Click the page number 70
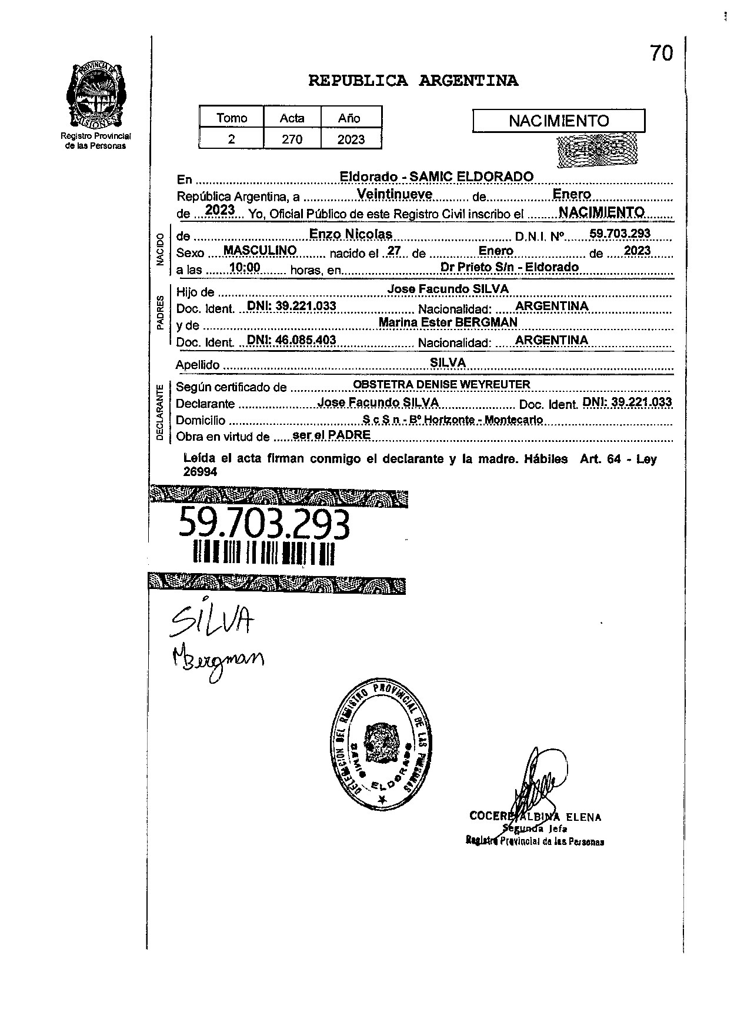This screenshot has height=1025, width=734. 661,54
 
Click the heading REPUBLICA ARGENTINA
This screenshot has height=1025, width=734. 413,81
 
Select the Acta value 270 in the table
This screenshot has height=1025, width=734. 292,139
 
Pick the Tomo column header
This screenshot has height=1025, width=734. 232,118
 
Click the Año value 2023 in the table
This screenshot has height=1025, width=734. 351,139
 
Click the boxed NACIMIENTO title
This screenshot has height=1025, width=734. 559,121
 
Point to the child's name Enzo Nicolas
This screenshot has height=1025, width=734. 351,234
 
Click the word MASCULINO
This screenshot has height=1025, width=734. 260,251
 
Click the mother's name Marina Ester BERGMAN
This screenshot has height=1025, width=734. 448,322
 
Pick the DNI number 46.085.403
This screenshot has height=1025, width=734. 291,340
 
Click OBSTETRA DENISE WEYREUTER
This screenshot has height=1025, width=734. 441,385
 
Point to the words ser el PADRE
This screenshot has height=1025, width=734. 331,435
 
